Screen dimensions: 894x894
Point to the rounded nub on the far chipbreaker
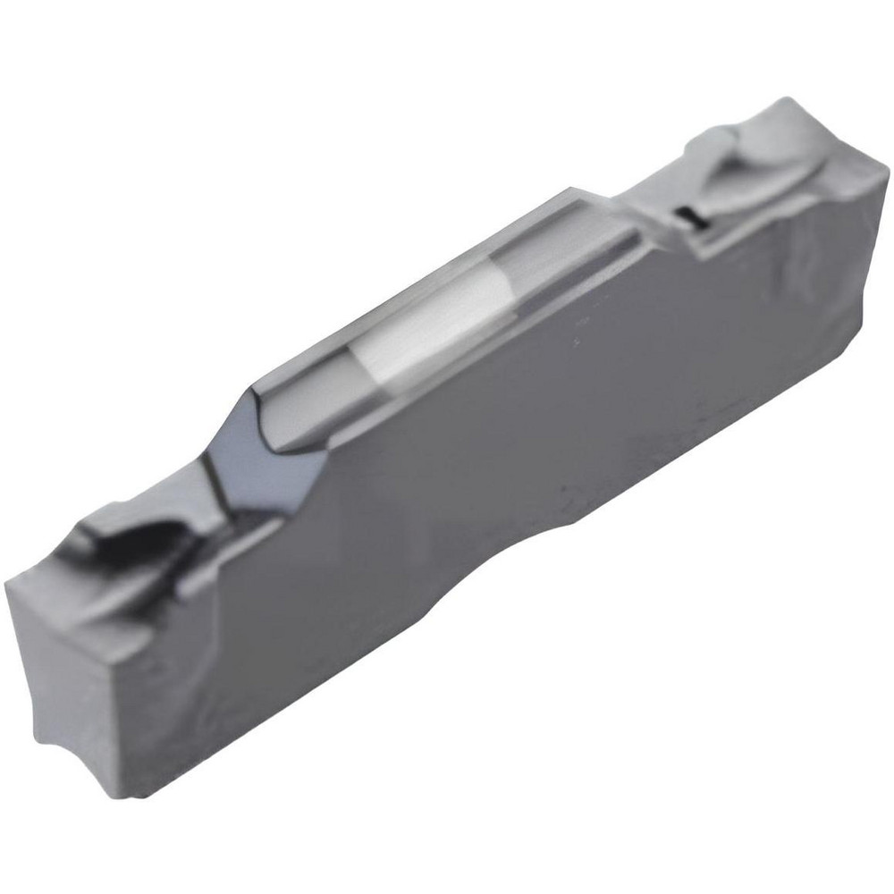coord(715,143)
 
